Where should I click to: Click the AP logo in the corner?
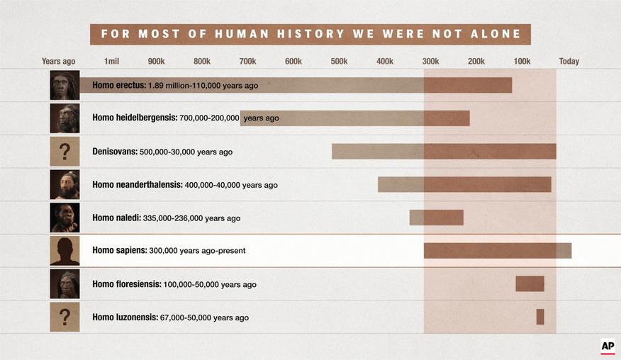click(608, 347)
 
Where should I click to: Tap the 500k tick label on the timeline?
click(339, 62)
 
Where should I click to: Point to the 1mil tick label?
click(111, 62)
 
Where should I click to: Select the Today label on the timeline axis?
click(569, 62)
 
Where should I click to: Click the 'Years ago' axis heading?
click(58, 62)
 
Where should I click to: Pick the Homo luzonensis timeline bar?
click(540, 317)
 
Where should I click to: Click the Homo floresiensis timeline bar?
click(530, 283)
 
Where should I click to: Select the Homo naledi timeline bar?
click(436, 218)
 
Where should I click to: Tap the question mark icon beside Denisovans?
click(65, 152)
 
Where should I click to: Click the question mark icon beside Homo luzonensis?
click(65, 317)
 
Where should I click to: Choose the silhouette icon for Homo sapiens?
click(65, 251)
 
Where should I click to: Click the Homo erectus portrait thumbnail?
click(65, 85)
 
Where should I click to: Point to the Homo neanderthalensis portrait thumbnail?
click(65, 185)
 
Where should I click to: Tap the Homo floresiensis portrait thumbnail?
click(65, 284)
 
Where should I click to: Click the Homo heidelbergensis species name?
click(135, 118)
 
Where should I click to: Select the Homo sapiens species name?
click(119, 251)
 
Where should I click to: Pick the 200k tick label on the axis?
click(476, 62)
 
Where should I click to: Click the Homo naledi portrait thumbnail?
click(65, 218)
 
